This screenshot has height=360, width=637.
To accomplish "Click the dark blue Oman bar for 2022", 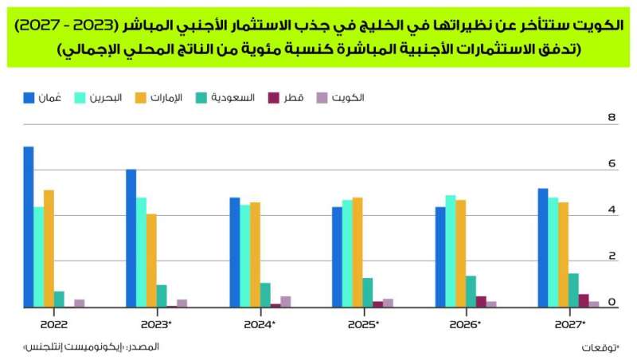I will pos(29,227).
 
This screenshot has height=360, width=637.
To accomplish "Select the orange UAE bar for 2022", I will pos(49,248).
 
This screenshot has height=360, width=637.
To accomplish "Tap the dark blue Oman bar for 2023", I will pos(131,238).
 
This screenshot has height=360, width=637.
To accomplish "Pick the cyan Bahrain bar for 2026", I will pos(450,251).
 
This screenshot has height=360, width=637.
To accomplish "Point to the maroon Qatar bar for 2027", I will pos(584,300).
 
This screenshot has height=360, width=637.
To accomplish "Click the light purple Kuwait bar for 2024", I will pos(285,301).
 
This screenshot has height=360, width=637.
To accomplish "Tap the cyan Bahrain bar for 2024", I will pos(244,256).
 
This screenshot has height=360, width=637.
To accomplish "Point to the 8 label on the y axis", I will pos(612,118).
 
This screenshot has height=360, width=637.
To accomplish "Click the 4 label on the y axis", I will pos(612,210).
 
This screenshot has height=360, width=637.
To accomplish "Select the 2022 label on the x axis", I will pos(53,324).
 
